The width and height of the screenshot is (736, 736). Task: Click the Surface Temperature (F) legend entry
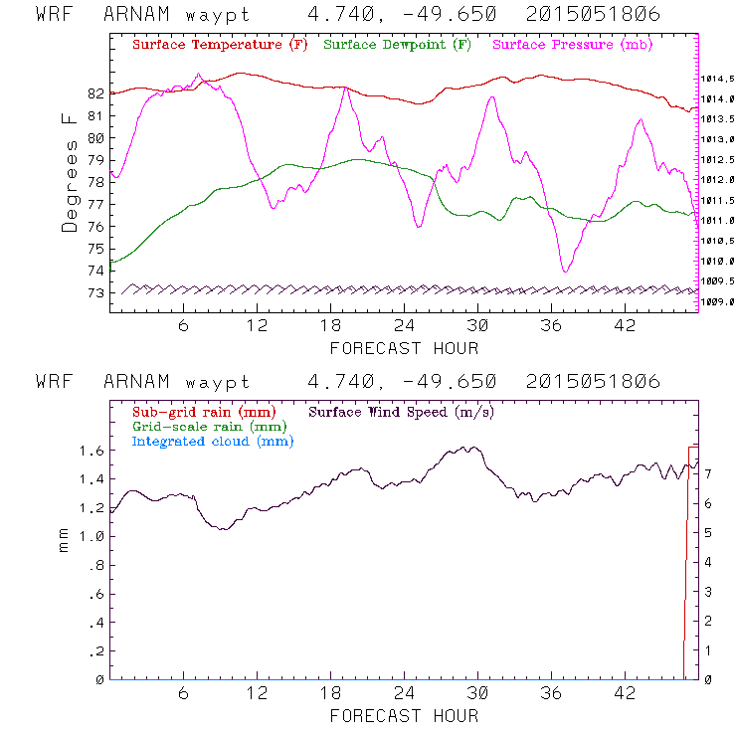pyautogui.click(x=220, y=46)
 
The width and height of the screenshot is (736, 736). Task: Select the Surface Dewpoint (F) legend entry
pyautogui.click(x=398, y=46)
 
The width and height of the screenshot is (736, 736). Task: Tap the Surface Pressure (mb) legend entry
pyautogui.click(x=567, y=46)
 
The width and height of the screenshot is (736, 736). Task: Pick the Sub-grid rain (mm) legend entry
pyautogui.click(x=203, y=411)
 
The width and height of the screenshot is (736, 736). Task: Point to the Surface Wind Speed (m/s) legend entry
pyautogui.click(x=402, y=411)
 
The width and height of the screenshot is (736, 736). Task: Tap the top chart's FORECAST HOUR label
pyautogui.click(x=404, y=348)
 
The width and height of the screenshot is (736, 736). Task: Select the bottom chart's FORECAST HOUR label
pyautogui.click(x=404, y=715)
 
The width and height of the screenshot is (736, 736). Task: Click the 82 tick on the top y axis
pyautogui.click(x=95, y=93)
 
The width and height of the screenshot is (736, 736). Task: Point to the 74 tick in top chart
pyautogui.click(x=95, y=271)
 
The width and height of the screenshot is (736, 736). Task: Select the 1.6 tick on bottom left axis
pyautogui.click(x=92, y=451)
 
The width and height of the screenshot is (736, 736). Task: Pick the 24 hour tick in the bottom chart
pyautogui.click(x=405, y=693)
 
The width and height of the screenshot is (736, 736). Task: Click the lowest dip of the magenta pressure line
pyautogui.click(x=565, y=271)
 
